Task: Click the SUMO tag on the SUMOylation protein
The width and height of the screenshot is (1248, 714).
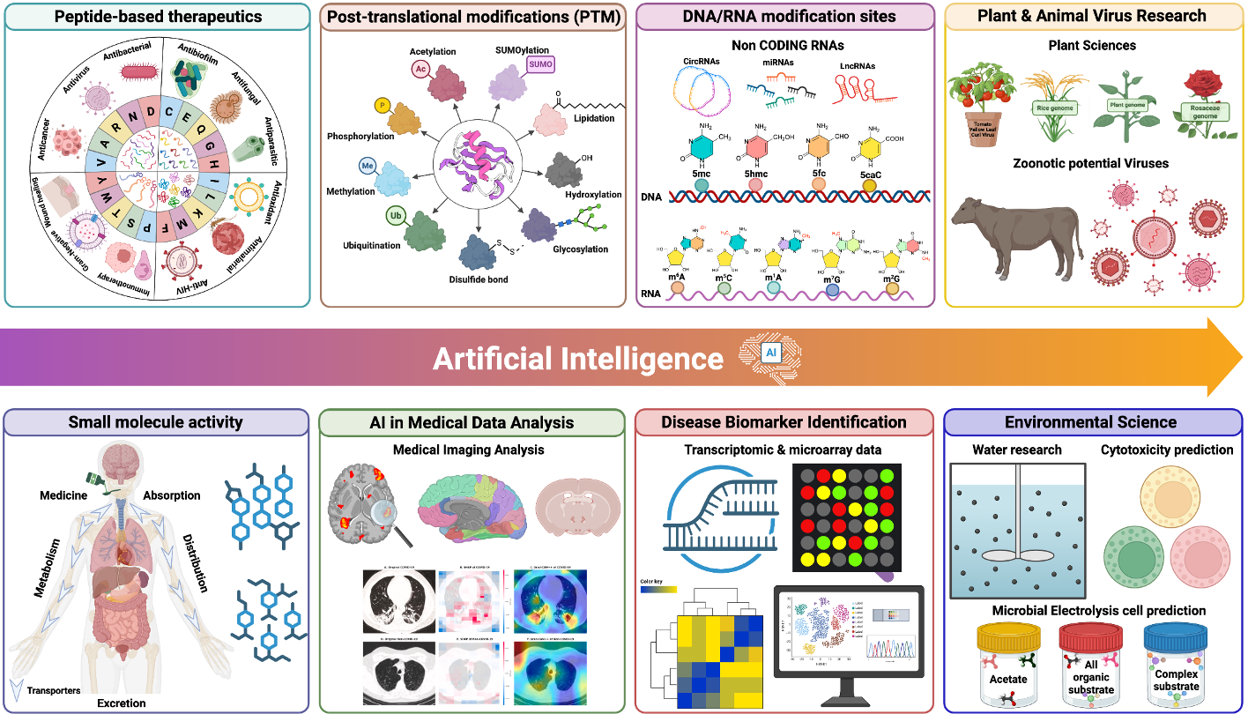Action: [540, 64]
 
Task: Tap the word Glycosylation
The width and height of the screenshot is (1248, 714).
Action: [580, 249]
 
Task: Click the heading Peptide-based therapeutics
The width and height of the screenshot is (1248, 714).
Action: [156, 17]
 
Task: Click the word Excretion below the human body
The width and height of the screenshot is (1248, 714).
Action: [122, 703]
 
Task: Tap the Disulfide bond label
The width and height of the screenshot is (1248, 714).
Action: [478, 280]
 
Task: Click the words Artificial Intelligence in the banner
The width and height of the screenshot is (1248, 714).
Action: [578, 359]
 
